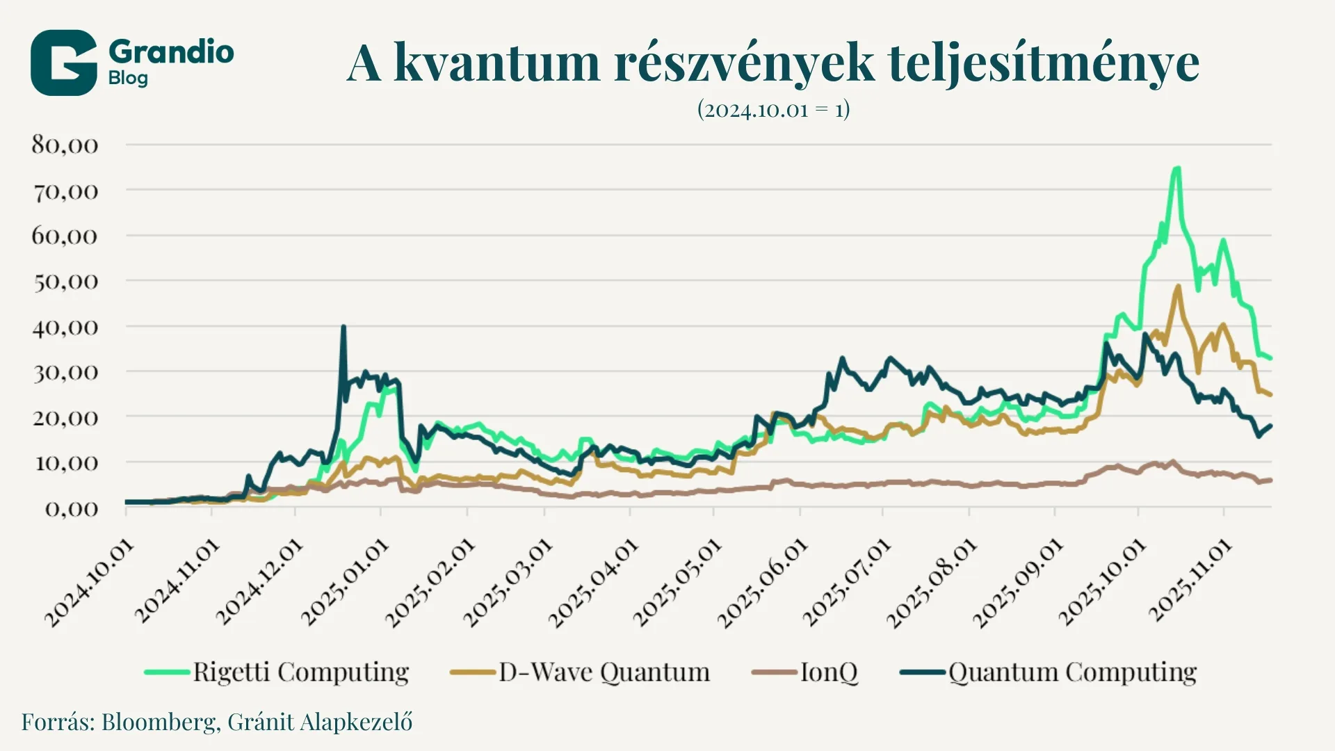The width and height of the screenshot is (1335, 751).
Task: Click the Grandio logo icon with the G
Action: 63,63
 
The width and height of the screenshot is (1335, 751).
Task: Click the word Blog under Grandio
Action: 128,78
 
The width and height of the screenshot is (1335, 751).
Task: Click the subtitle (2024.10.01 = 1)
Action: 773,110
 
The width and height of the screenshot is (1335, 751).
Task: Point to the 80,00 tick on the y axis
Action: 65,145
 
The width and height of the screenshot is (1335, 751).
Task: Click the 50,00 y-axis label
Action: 65,281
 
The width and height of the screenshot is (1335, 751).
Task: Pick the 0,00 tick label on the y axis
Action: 72,508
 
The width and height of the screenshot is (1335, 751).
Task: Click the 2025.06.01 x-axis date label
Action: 763,583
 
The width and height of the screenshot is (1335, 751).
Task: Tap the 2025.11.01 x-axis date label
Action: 1190,580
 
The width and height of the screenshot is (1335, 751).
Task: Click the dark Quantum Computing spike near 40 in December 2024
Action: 343,326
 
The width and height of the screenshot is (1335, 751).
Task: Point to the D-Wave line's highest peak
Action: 1178,286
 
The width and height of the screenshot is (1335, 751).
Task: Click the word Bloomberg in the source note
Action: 159,722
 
